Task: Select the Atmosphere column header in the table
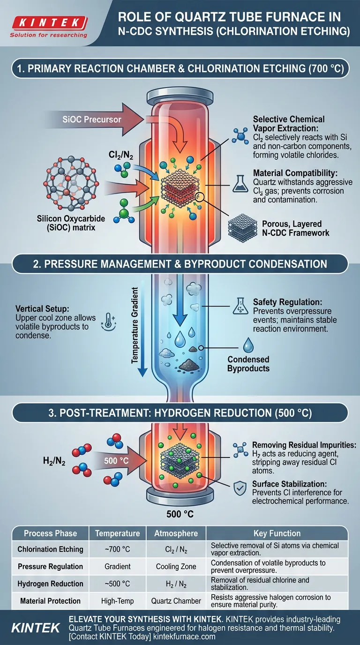point(176,533)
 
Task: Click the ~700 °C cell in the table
point(117,549)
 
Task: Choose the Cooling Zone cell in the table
point(176,566)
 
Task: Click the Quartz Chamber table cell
point(176,601)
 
